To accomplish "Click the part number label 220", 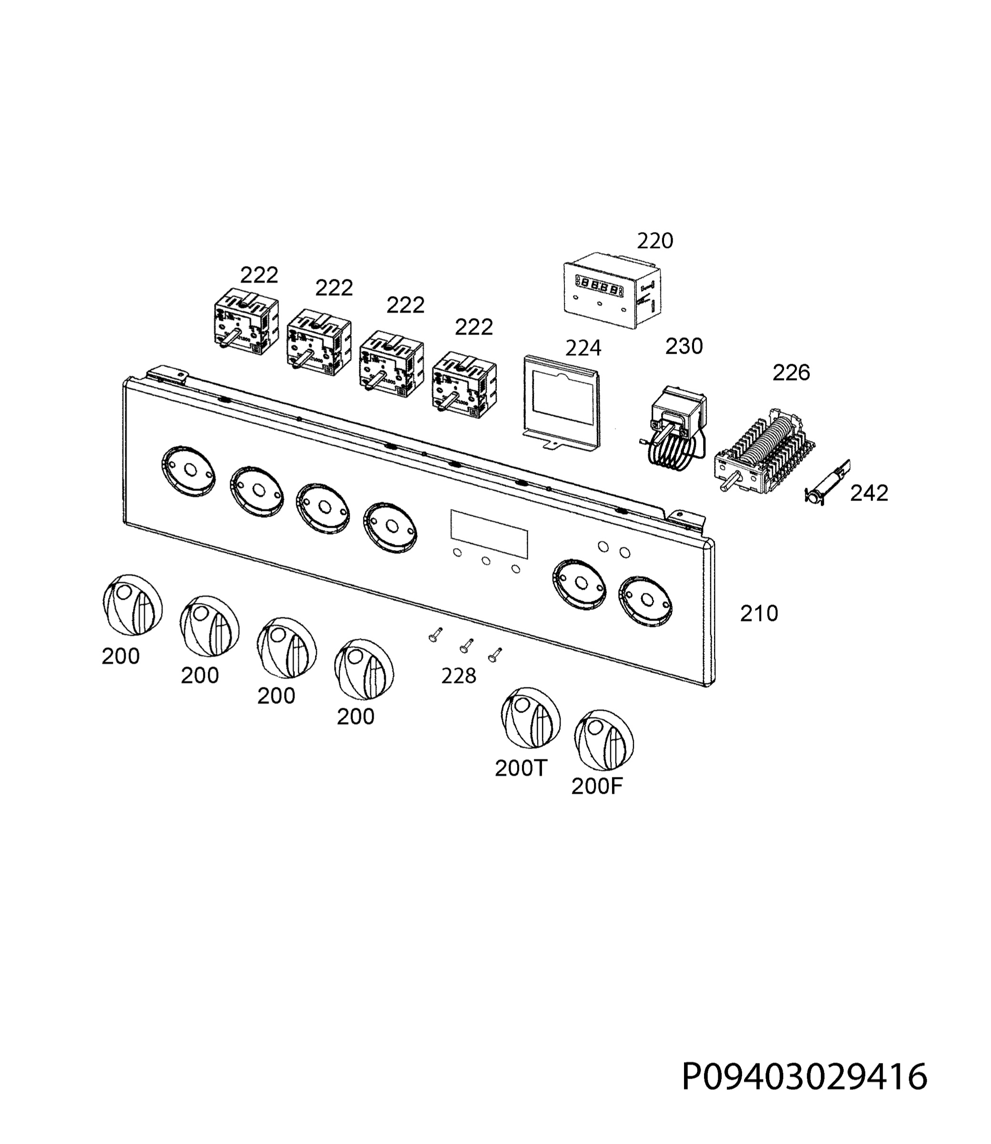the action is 655,241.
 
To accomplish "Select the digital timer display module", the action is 612,290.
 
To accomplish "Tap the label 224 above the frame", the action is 583,348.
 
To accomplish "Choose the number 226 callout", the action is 791,373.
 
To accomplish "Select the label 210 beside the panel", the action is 759,614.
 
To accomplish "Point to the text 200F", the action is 597,786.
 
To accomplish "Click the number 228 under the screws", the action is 459,675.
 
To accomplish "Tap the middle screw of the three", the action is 466,645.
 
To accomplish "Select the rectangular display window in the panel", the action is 489,533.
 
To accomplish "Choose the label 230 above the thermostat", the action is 684,347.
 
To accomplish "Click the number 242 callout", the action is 869,493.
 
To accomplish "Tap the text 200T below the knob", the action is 521,768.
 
